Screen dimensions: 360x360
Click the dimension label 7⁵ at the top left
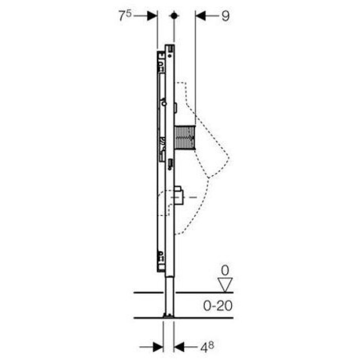125,16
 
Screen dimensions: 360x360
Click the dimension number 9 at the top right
226,16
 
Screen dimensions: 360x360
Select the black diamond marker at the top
174,16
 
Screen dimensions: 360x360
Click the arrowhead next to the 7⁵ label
152,16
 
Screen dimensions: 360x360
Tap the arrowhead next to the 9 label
200,16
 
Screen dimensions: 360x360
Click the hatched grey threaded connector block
185,138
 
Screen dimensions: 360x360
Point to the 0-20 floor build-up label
218,306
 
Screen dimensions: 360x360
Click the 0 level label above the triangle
225,271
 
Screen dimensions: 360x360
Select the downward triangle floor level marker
225,285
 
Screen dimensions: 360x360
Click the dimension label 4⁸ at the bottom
207,347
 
